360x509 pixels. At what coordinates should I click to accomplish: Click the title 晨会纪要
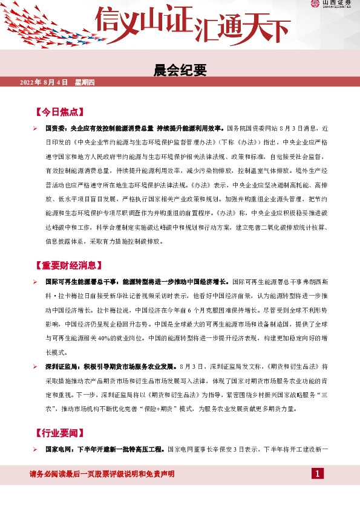coord(180,71)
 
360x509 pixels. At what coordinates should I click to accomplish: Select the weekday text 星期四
coord(85,82)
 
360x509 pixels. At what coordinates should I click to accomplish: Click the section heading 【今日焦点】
coord(57,112)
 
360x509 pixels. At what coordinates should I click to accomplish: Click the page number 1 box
coord(318,473)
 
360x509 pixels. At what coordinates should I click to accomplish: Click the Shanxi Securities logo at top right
coord(331,5)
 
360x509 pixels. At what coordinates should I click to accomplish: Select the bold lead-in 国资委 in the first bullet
coord(56,129)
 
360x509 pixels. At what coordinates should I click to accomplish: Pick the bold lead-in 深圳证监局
coord(60,366)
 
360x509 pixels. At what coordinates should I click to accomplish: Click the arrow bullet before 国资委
coord(36,129)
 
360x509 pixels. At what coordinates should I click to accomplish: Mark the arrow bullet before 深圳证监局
coord(36,366)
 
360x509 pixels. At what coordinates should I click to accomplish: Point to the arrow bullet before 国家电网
coord(36,449)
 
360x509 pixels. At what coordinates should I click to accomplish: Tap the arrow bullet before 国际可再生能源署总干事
coord(36,282)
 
